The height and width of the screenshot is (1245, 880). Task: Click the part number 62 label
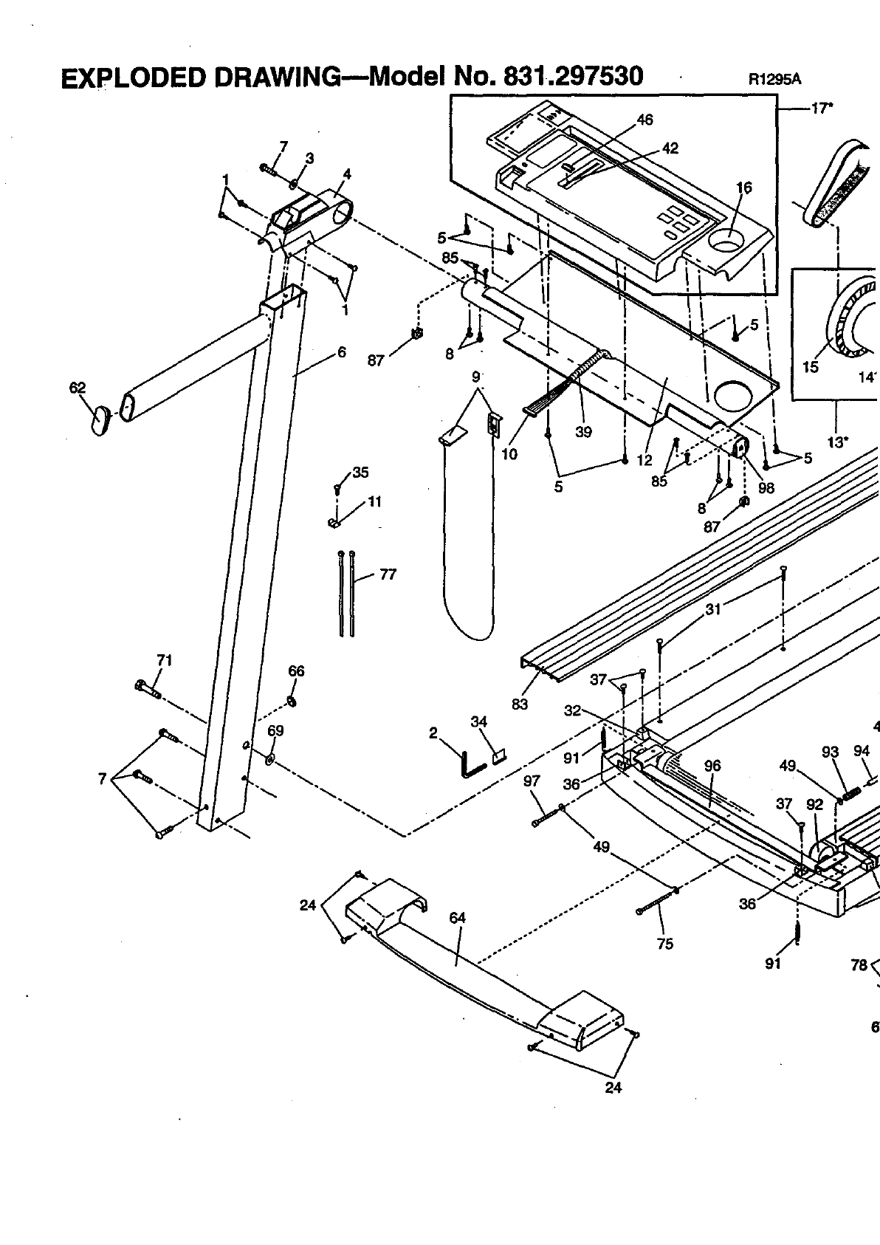(77, 388)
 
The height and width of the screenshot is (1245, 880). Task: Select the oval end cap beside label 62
(100, 419)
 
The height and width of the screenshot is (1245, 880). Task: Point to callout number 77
(388, 574)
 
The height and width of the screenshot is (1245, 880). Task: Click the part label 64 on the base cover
(458, 918)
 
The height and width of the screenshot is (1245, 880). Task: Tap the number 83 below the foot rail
(520, 704)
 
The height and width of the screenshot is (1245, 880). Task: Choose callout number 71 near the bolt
(164, 660)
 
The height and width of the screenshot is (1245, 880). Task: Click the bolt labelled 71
(148, 690)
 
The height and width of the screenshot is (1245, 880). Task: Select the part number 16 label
(744, 188)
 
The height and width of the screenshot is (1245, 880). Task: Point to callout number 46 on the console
(644, 120)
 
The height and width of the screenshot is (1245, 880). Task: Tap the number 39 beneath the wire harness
(583, 432)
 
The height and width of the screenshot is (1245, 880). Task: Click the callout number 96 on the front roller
(712, 766)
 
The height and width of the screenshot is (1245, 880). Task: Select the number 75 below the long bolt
(664, 943)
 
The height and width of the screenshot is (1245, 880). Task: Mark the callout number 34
(479, 721)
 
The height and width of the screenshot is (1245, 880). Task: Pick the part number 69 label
(275, 730)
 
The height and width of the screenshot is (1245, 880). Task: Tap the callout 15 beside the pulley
(811, 367)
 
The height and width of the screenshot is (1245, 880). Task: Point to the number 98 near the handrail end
(766, 487)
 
